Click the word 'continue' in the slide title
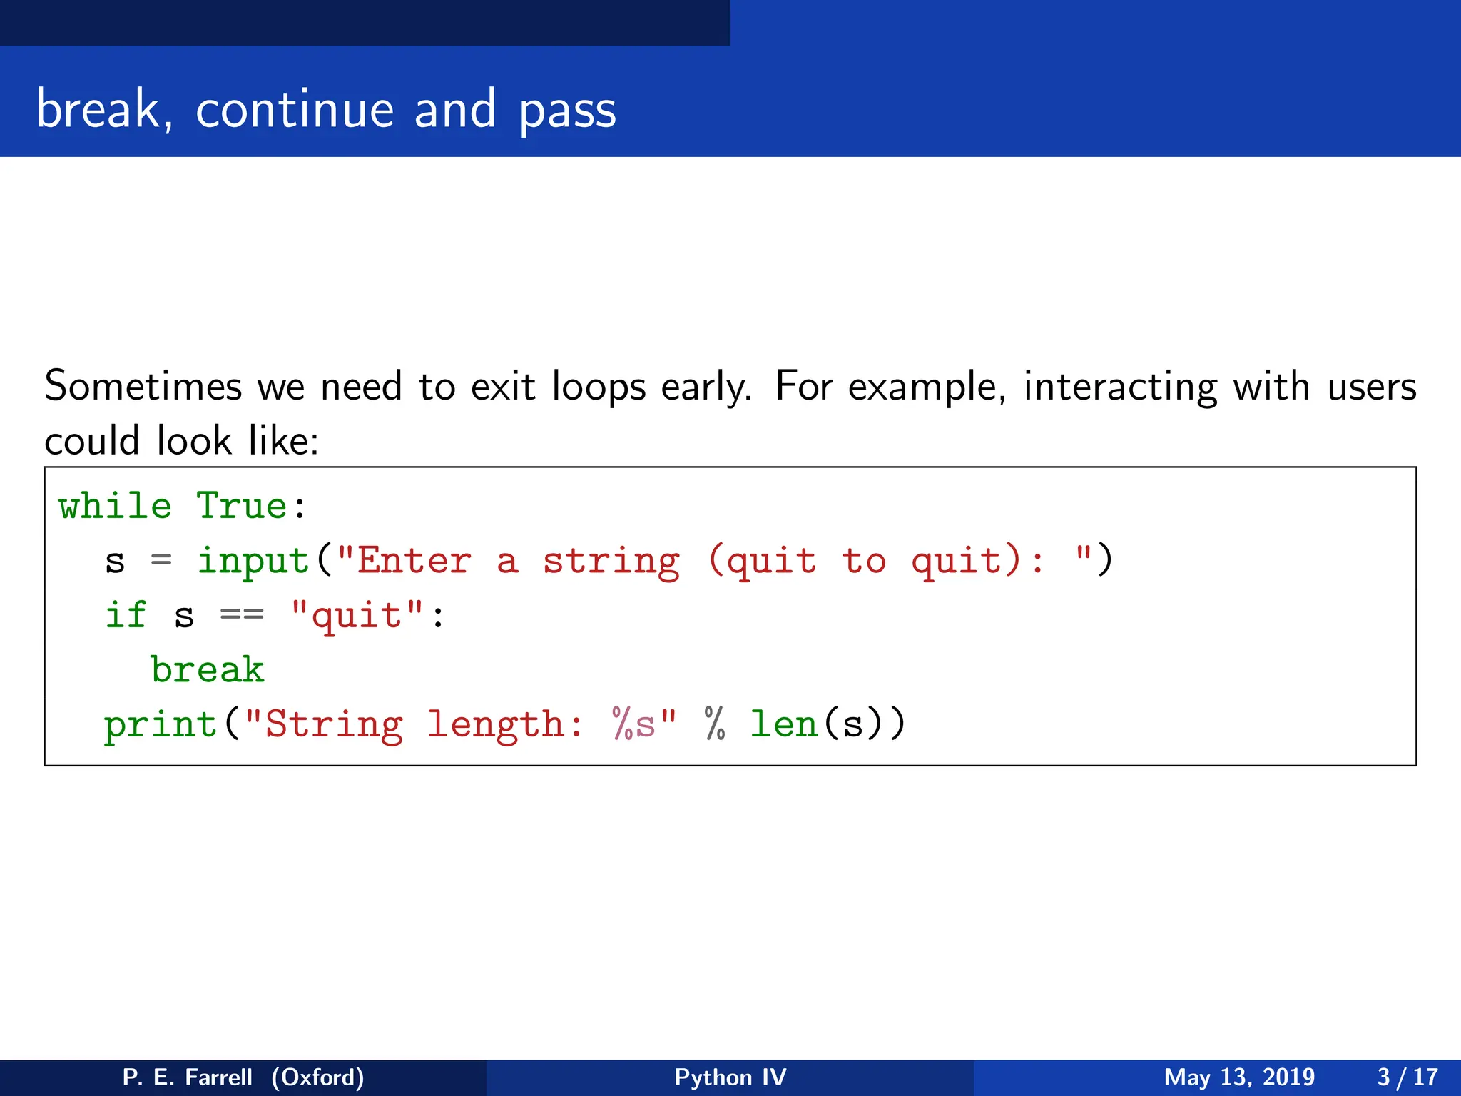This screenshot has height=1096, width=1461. [295, 110]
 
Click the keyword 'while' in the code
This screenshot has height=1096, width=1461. [115, 506]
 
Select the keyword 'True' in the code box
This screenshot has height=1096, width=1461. [242, 506]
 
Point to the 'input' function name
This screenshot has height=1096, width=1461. [253, 561]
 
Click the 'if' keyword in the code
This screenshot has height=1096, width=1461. [126, 615]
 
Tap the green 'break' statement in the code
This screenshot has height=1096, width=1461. [208, 669]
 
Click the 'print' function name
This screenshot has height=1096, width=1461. [161, 725]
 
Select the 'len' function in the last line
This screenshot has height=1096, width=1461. [783, 724]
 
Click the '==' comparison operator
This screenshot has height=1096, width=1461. [242, 615]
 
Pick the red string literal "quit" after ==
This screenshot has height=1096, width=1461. [357, 615]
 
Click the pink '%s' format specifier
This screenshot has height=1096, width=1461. [633, 724]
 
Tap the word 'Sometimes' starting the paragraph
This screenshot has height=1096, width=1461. [143, 387]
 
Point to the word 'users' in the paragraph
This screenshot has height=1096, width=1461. [1371, 387]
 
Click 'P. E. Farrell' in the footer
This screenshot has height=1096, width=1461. [187, 1077]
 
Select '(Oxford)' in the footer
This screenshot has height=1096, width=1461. [317, 1077]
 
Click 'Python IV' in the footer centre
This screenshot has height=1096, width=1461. [730, 1077]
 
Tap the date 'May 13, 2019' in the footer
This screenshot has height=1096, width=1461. [1239, 1077]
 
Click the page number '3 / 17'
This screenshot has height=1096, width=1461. [1407, 1077]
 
